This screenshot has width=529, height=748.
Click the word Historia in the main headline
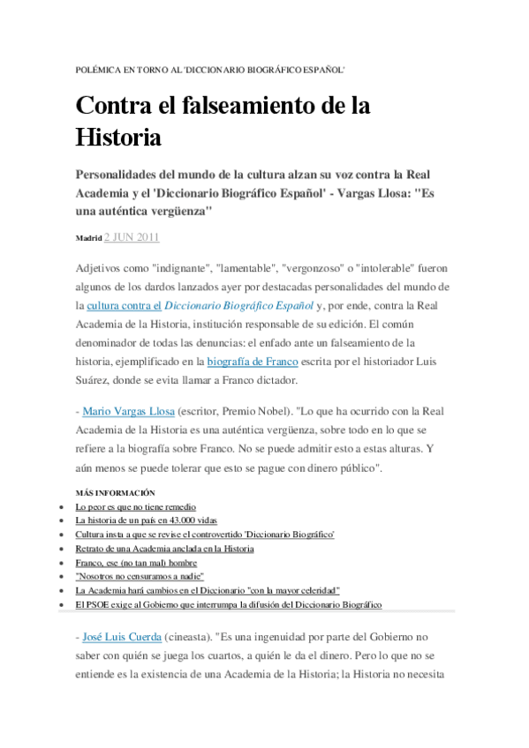(117, 138)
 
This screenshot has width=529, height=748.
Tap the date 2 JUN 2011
(132, 237)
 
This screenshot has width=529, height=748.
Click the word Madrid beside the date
(88, 238)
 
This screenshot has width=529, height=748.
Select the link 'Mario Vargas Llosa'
(128, 411)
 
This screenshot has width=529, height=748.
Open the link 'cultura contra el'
(125, 306)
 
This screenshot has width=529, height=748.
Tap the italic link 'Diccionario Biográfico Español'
(239, 306)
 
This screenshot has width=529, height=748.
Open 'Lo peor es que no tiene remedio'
(135, 506)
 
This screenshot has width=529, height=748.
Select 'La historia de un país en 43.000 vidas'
(146, 520)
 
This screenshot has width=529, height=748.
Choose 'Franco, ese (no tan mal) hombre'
(136, 562)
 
